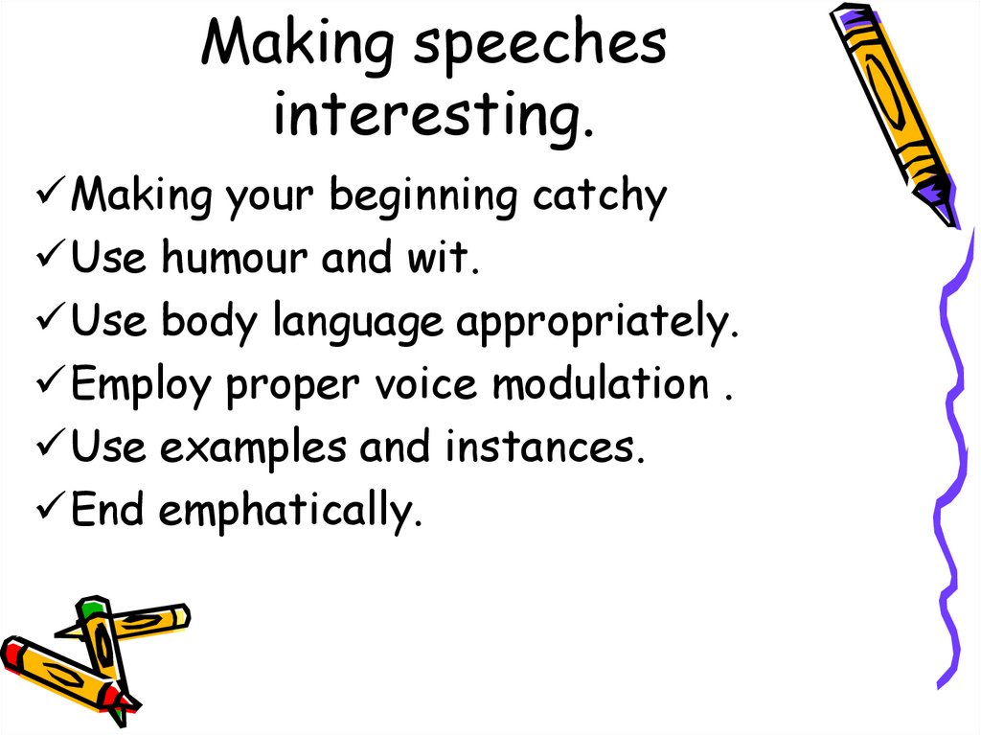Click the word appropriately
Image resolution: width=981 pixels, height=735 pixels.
(597, 323)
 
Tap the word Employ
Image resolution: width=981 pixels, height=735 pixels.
(141, 385)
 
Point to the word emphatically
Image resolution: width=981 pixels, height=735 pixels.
(290, 511)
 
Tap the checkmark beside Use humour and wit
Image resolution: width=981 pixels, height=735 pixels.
(50, 258)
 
